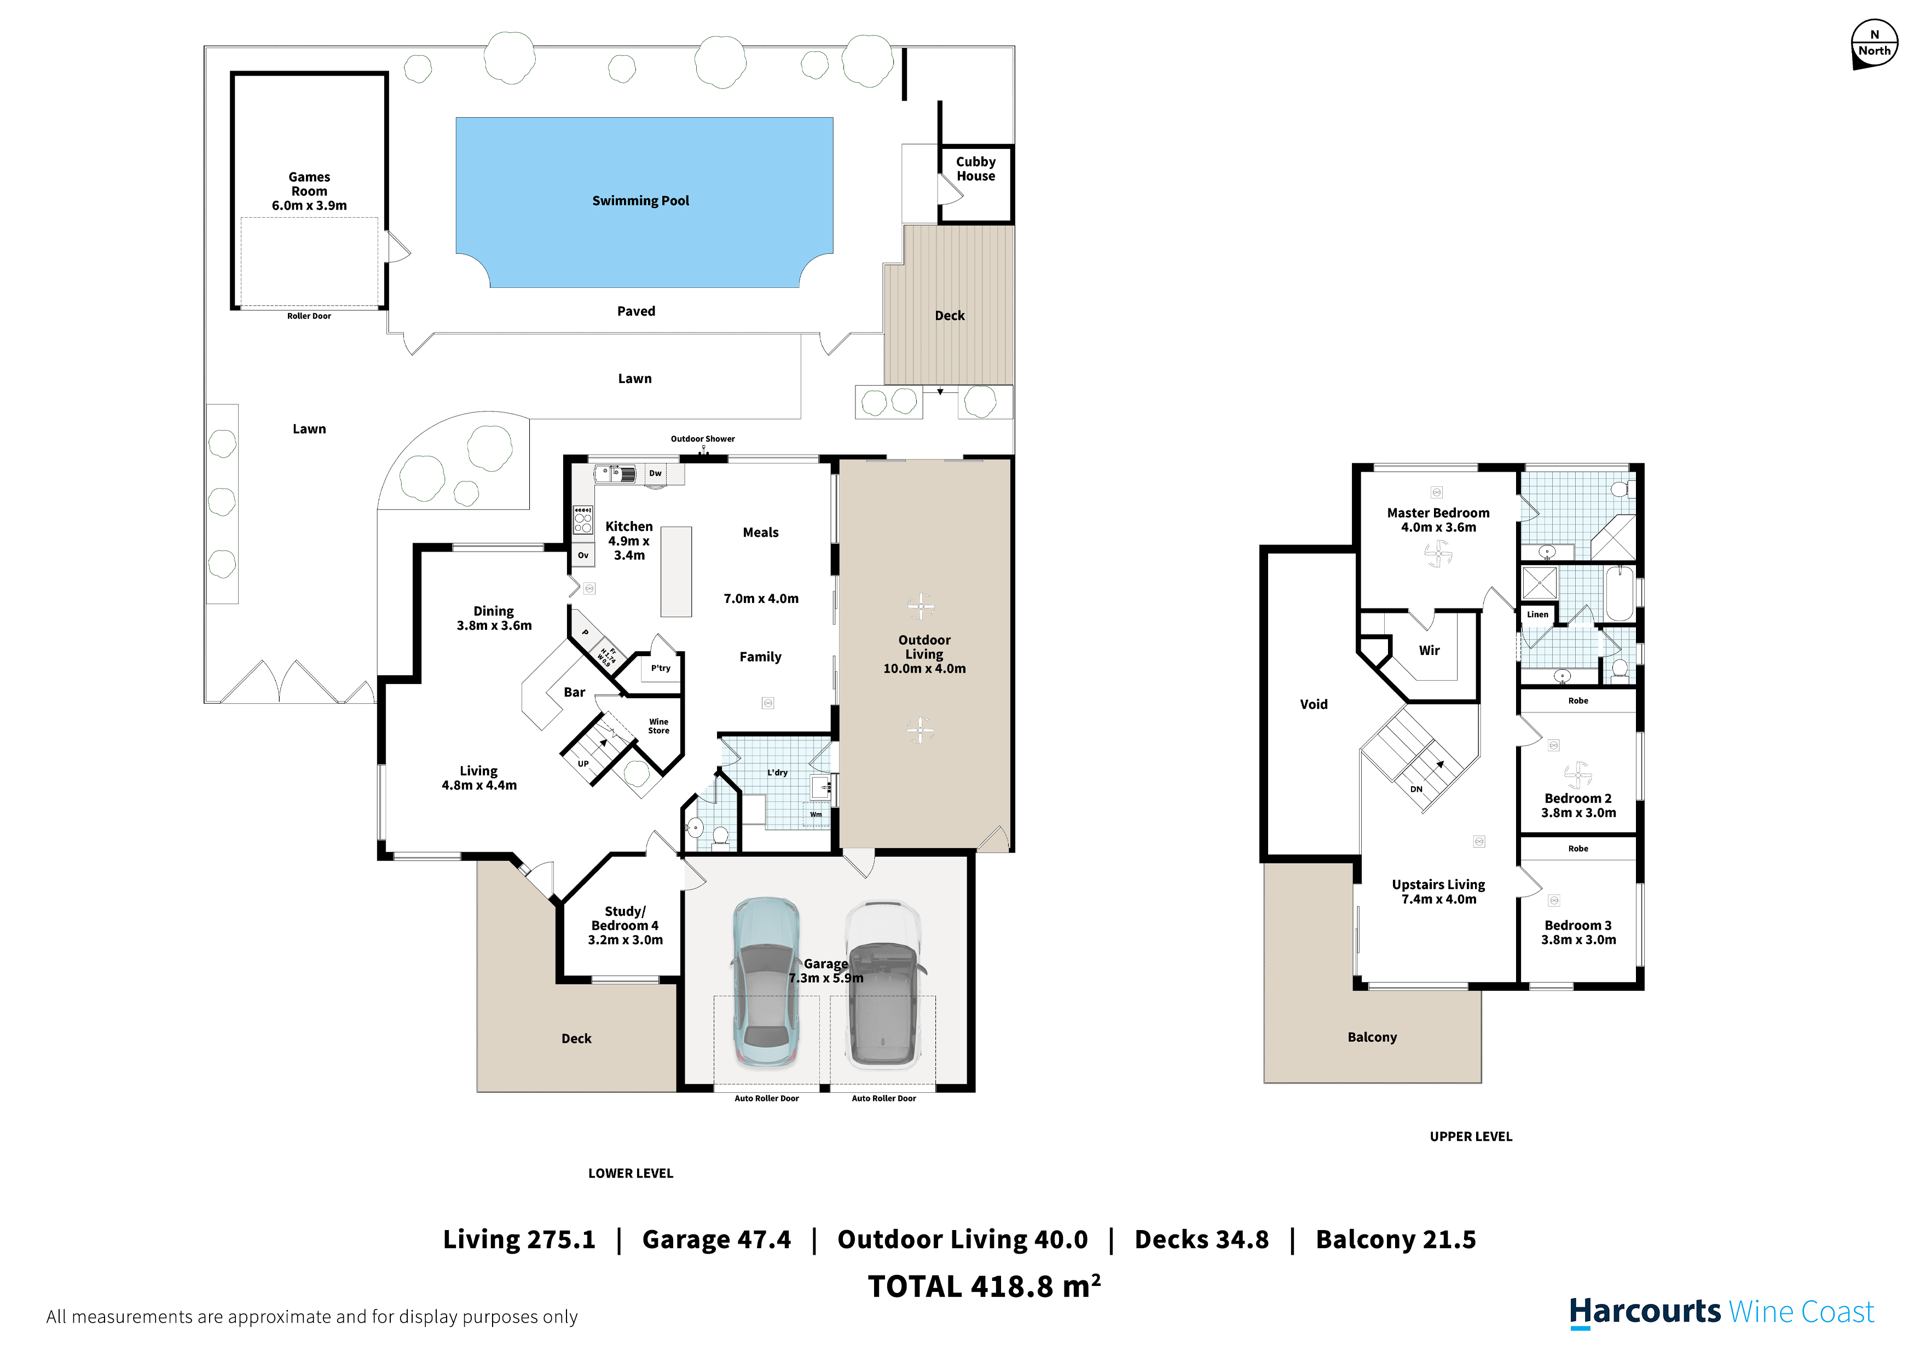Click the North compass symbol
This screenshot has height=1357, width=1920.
pyautogui.click(x=1874, y=44)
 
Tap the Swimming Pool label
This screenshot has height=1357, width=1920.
pyautogui.click(x=640, y=201)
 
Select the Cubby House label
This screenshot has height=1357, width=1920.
pyautogui.click(x=976, y=169)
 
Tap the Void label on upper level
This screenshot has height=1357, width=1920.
pyautogui.click(x=1314, y=705)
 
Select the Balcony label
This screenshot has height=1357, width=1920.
pyautogui.click(x=1372, y=1037)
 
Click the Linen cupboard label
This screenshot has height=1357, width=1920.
pyautogui.click(x=1537, y=614)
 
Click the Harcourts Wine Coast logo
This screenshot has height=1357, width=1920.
pyautogui.click(x=1722, y=1312)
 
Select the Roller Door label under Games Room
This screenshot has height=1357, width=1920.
pyautogui.click(x=309, y=316)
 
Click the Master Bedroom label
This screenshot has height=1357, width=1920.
pyautogui.click(x=1438, y=513)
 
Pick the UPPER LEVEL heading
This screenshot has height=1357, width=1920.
pyautogui.click(x=1471, y=1137)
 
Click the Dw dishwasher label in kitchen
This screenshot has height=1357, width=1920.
pyautogui.click(x=656, y=473)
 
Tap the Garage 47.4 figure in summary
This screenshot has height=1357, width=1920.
pyautogui.click(x=716, y=1240)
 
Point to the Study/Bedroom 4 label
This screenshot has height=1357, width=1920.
pyautogui.click(x=626, y=919)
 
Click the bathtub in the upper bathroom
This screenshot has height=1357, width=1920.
pyautogui.click(x=1619, y=594)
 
